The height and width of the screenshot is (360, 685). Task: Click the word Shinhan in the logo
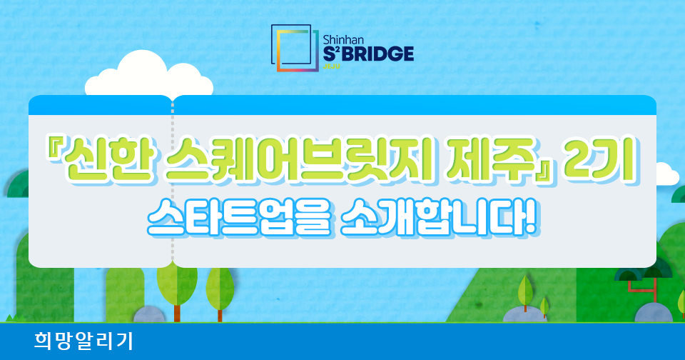(x=343, y=40)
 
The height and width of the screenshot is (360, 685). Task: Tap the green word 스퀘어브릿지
(x=298, y=161)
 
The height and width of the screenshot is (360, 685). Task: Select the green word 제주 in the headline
(x=490, y=161)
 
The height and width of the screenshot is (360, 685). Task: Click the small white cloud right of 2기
(x=668, y=174)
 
